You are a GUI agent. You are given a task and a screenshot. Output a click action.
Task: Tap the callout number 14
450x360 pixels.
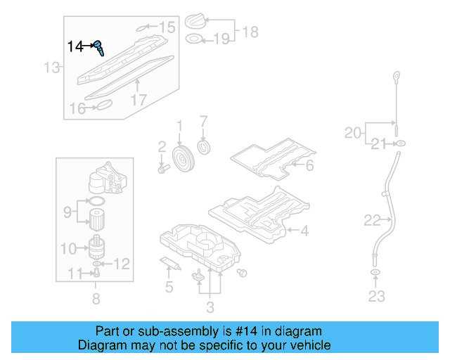tap(75, 46)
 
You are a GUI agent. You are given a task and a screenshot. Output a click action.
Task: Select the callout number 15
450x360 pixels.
tap(167, 28)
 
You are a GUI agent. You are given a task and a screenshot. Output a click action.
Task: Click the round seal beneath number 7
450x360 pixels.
tap(205, 148)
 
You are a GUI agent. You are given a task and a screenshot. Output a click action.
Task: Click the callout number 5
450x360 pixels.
tap(169, 287)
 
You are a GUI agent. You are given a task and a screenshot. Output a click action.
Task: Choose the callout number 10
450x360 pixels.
tap(69, 248)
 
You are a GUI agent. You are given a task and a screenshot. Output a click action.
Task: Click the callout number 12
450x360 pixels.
tap(122, 264)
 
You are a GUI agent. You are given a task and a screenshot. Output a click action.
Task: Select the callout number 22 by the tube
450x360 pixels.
tap(372, 221)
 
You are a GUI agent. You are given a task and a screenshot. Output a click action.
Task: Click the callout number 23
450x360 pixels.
tap(377, 296)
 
